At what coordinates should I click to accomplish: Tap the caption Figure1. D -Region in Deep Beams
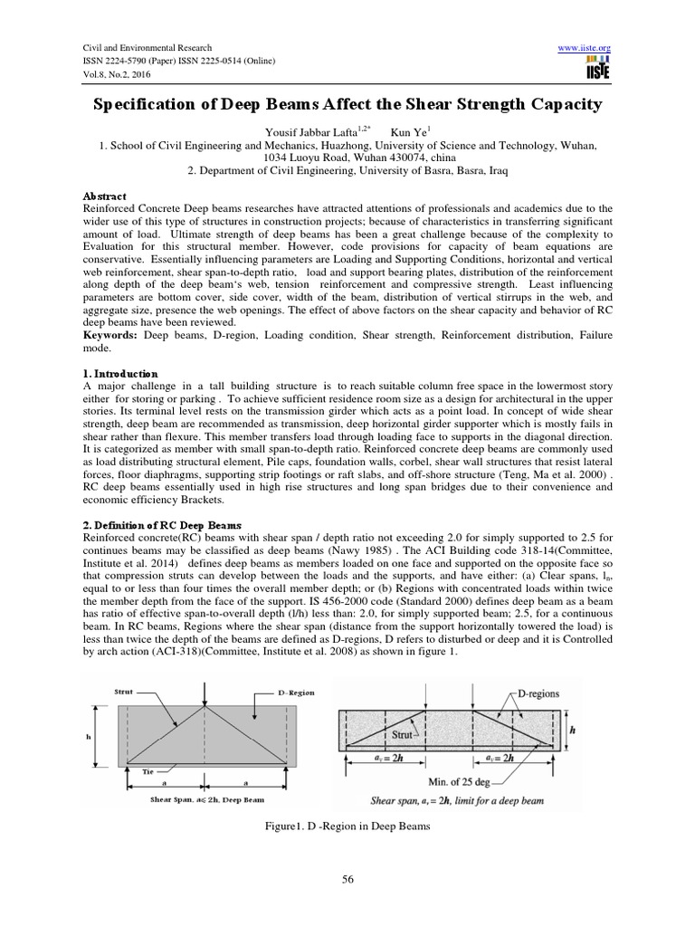347,826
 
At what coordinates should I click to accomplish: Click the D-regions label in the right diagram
542,694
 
